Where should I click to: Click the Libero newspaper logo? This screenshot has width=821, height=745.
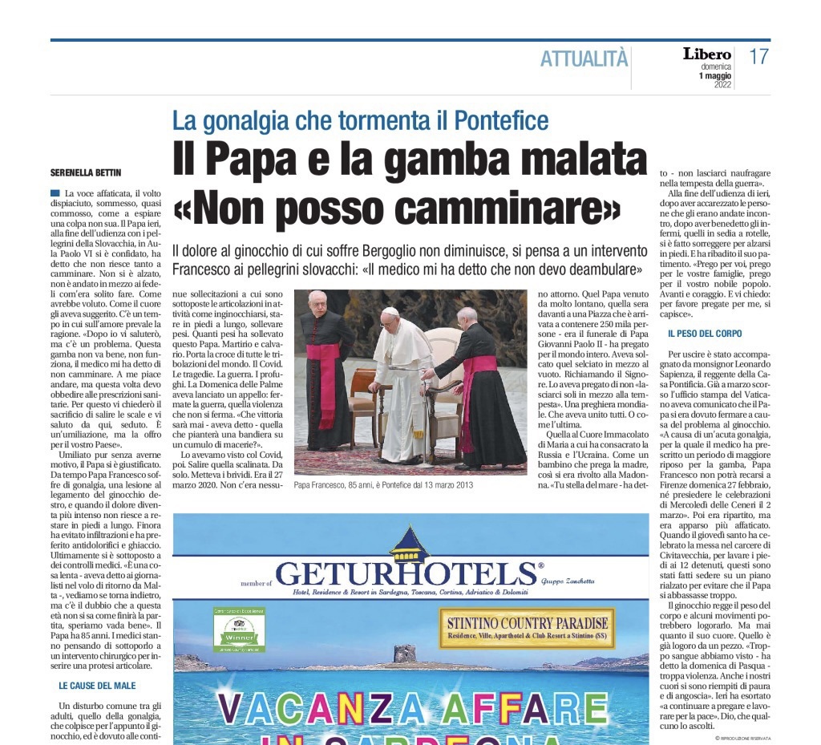pos(706,55)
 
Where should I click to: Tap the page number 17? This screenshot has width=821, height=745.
pos(758,57)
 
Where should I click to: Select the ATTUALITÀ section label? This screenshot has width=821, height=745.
pos(584,59)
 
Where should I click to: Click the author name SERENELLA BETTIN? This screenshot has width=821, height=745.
pos(87,172)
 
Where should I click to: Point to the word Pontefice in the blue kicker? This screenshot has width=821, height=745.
pos(501,121)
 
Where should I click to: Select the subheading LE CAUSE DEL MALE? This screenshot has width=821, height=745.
pos(97,686)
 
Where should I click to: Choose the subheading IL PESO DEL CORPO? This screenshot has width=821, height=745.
pos(705,333)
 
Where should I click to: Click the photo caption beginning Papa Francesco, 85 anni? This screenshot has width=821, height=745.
pos(383,485)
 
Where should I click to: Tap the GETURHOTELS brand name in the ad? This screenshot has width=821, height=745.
pos(407,573)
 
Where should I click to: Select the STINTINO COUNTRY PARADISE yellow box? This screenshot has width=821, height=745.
pos(528,628)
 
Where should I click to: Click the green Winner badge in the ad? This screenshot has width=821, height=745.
pos(239,631)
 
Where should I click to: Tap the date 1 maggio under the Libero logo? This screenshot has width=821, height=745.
pos(715,76)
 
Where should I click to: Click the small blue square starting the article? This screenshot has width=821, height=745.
pos(55,193)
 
